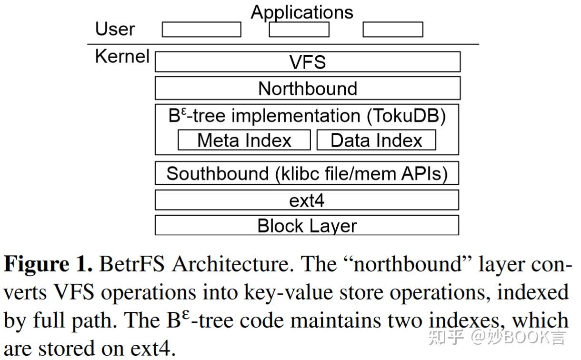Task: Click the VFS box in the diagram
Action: [307, 62]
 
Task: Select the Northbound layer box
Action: [307, 89]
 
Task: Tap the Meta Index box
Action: [244, 140]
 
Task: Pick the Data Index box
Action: [376, 140]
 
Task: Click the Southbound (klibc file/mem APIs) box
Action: [307, 173]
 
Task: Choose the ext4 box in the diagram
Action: [307, 200]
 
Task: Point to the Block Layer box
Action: [307, 225]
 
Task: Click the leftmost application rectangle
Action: [201, 30]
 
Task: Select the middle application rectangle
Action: [299, 30]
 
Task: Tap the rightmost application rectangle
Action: [392, 30]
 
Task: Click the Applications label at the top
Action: [302, 12]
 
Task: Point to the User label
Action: [115, 29]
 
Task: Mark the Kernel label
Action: [122, 56]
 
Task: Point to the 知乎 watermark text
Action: [446, 337]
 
